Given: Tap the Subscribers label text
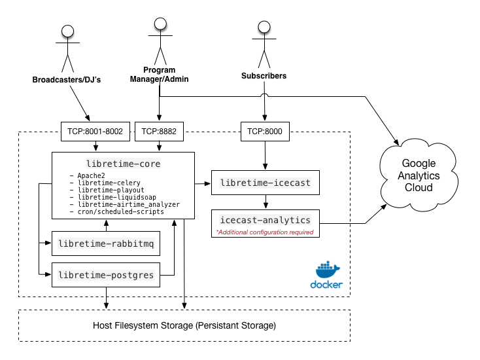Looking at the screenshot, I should (x=264, y=76).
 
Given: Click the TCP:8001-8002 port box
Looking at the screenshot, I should (x=95, y=131).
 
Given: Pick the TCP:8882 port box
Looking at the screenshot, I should (x=159, y=131).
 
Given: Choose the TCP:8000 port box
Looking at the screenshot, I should (x=264, y=131).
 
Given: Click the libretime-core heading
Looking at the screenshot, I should (x=123, y=163).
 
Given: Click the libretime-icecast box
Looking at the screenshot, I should (x=264, y=182).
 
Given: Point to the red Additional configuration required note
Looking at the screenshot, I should (x=264, y=232).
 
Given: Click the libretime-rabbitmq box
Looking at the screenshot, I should (x=105, y=244).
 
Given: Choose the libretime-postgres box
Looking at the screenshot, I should (x=105, y=275).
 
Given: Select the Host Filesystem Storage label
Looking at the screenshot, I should (x=185, y=325).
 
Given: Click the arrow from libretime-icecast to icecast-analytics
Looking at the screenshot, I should (x=264, y=202).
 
